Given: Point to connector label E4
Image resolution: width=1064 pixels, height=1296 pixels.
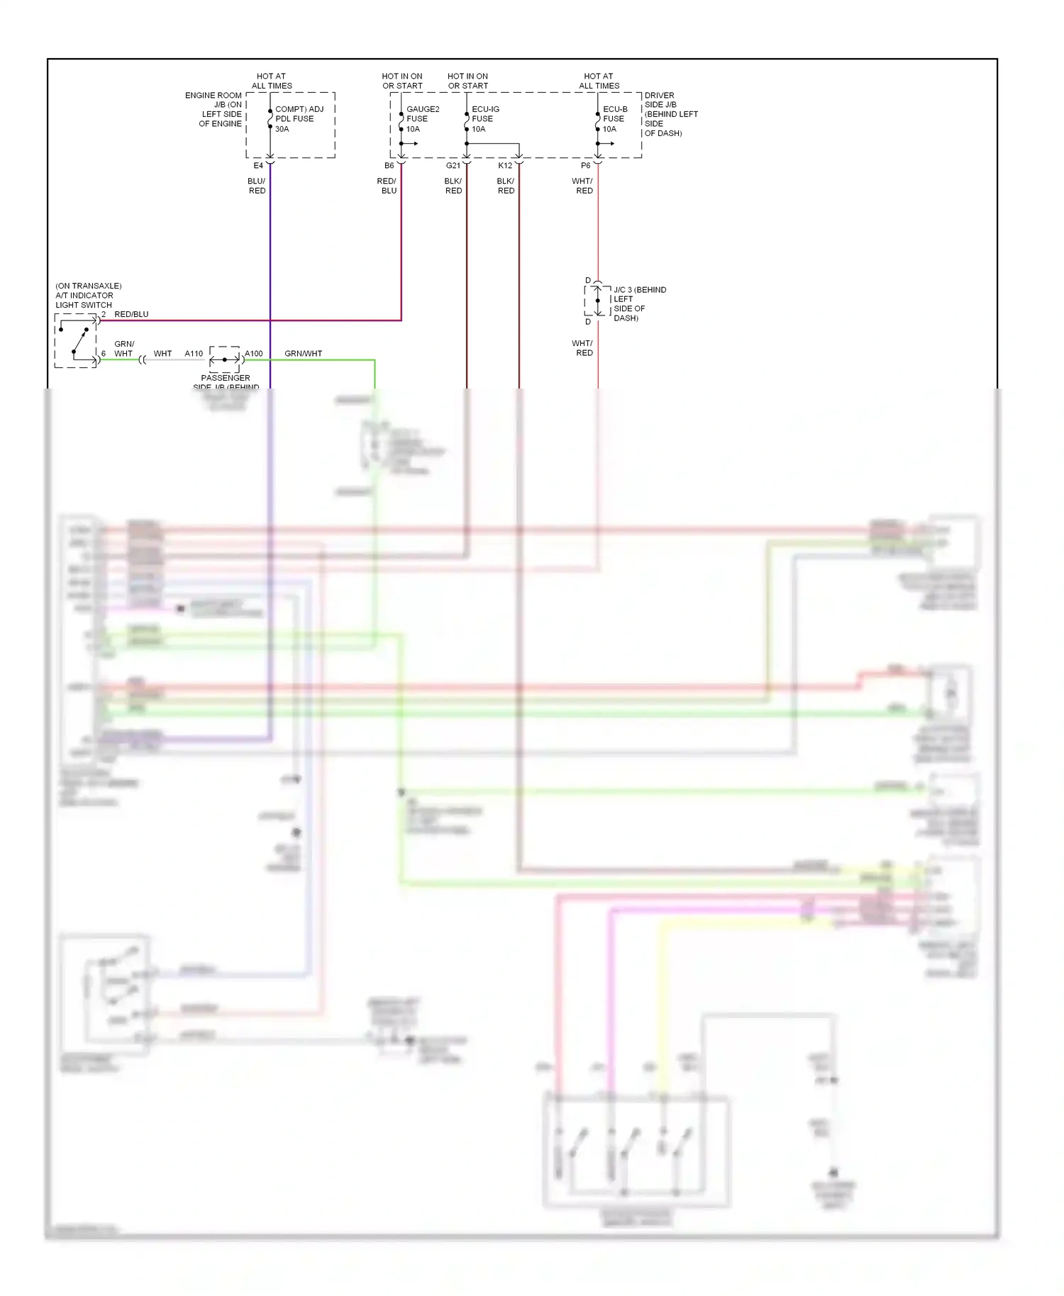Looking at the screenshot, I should click(x=258, y=166).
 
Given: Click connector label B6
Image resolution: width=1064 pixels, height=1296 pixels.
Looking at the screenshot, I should click(x=389, y=166).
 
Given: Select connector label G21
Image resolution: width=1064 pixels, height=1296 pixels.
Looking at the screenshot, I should click(x=453, y=166).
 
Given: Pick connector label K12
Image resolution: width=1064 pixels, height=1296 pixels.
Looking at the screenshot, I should click(x=505, y=166).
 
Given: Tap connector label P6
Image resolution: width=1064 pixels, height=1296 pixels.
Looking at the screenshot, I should click(x=586, y=166).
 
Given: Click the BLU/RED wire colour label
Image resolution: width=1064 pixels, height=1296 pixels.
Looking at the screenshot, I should click(x=257, y=186).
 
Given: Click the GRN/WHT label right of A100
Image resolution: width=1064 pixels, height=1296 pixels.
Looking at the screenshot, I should click(x=304, y=353).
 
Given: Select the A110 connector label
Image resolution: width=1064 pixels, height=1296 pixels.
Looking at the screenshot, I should click(x=194, y=353).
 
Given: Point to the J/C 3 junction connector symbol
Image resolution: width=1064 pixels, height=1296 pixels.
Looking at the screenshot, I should click(x=597, y=301).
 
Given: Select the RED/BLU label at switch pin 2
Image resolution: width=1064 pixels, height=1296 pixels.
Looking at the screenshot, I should click(x=132, y=314).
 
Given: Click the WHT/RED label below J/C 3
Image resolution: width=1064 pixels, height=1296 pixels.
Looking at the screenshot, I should click(x=582, y=348).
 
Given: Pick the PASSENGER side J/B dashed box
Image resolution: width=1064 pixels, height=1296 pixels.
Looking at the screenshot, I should click(x=225, y=359).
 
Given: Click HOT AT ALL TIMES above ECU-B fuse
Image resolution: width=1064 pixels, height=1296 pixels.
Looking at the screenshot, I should click(x=599, y=81).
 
